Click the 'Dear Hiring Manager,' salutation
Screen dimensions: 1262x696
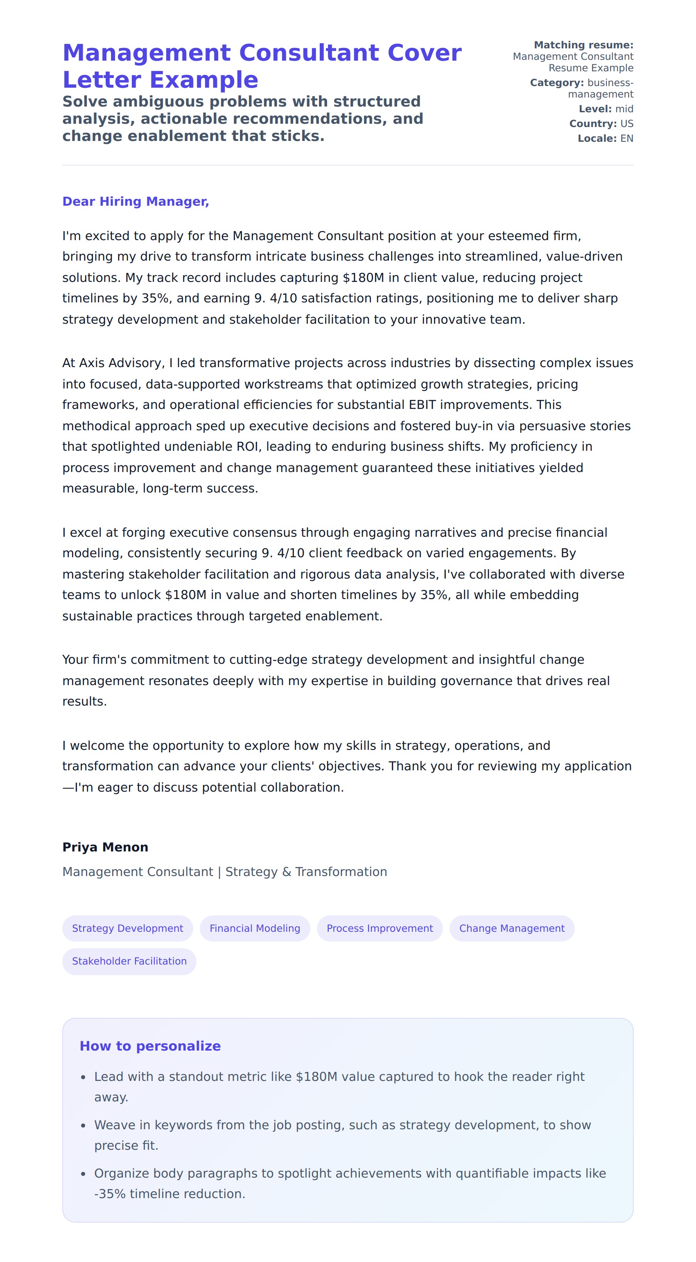pos(136,201)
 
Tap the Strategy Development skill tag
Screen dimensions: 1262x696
pos(127,928)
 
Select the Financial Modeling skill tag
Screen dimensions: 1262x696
pos(255,928)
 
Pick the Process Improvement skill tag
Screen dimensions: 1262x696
pos(380,928)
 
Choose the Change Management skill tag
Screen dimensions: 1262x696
pos(511,928)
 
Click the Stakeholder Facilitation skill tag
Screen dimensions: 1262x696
pos(129,961)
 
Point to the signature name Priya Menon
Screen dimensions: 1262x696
pos(105,847)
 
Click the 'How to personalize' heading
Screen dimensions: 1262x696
pos(150,1046)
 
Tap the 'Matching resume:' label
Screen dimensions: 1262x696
pos(583,45)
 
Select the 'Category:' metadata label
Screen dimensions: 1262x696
pos(556,83)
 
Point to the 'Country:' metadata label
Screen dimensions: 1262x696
pos(593,123)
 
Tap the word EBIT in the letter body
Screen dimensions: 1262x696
pos(423,405)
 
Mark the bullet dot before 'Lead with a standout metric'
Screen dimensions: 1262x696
pos(83,1077)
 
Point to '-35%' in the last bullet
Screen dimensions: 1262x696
pos(110,1194)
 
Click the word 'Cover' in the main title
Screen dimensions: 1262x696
pos(424,53)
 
